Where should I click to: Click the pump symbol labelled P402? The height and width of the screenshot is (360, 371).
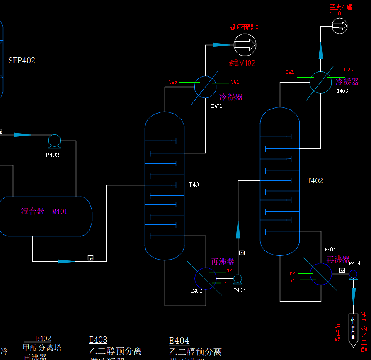[54, 141]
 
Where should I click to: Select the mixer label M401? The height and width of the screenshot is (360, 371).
[60, 212]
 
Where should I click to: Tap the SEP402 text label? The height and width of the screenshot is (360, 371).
[22, 61]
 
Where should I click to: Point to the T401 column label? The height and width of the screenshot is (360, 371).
[195, 185]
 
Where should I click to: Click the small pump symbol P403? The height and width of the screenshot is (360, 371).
[238, 278]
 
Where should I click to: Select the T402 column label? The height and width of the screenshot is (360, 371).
[315, 181]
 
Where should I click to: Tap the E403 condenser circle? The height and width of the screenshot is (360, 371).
[320, 82]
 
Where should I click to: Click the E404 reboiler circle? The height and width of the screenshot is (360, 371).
[320, 274]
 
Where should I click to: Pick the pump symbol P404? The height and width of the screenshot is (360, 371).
[353, 274]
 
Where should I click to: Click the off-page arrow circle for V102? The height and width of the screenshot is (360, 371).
[245, 45]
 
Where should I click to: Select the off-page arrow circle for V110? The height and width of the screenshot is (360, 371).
[339, 27]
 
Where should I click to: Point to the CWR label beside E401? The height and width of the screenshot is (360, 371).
[173, 82]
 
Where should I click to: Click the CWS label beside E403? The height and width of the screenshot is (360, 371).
[349, 70]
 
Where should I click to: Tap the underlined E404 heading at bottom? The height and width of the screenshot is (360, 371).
[179, 341]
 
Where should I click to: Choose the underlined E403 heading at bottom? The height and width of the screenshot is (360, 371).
[98, 340]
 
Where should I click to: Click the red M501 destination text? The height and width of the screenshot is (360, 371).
[340, 339]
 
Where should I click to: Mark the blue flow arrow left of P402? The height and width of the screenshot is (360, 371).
[22, 135]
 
